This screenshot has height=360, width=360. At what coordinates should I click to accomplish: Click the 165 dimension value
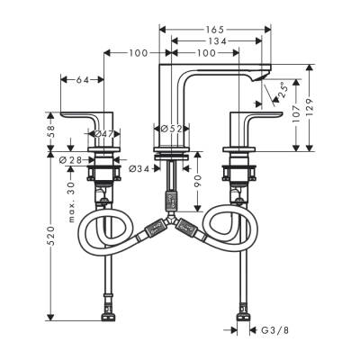click(214, 29)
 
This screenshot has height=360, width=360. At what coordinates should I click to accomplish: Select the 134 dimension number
click(214, 40)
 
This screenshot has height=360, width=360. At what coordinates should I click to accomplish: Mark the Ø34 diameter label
click(138, 167)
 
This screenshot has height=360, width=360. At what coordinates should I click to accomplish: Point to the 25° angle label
click(282, 88)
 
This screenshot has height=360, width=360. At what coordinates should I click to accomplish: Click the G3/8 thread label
click(274, 330)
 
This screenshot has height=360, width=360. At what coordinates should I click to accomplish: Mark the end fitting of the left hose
click(110, 316)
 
